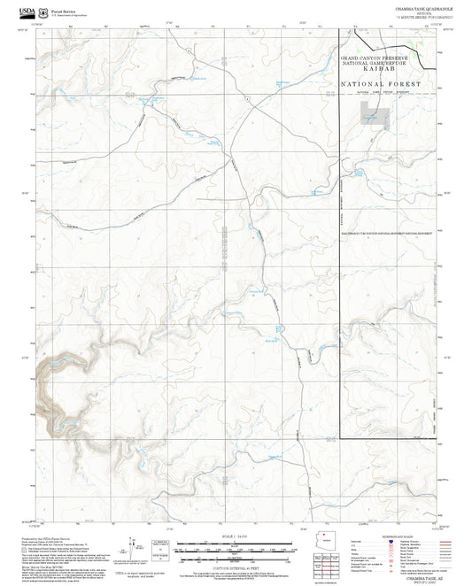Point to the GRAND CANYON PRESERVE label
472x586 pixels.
[380, 57]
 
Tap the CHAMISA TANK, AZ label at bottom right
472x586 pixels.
[415, 574]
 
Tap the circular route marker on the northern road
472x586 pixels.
[189, 51]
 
